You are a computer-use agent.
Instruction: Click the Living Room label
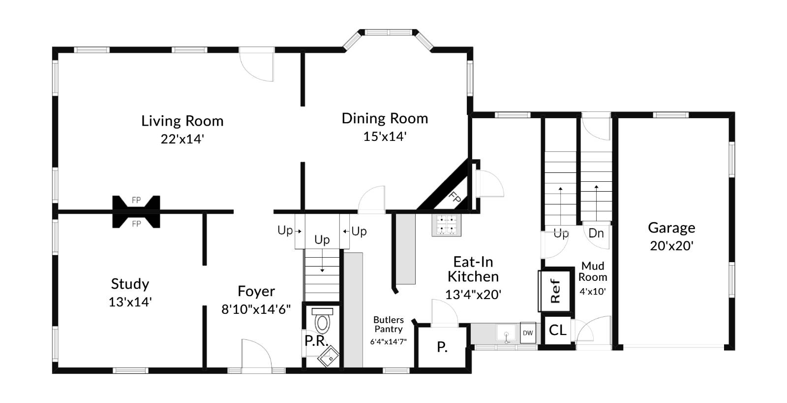182,121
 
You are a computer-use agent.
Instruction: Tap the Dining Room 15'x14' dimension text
385,136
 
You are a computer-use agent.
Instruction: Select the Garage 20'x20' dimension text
671,246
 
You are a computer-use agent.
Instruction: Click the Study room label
130,284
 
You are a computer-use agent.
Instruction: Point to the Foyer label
256,291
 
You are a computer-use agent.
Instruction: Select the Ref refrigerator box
555,291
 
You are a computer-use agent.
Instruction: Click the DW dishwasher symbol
528,333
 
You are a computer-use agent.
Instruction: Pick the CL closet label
557,330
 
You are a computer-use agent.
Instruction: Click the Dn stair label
596,233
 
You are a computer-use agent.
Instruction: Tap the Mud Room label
593,271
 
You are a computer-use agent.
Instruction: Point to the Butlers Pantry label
388,325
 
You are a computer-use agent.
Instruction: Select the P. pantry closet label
442,348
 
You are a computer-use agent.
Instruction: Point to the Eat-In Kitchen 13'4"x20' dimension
473,295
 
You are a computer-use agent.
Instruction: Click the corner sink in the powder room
328,356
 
